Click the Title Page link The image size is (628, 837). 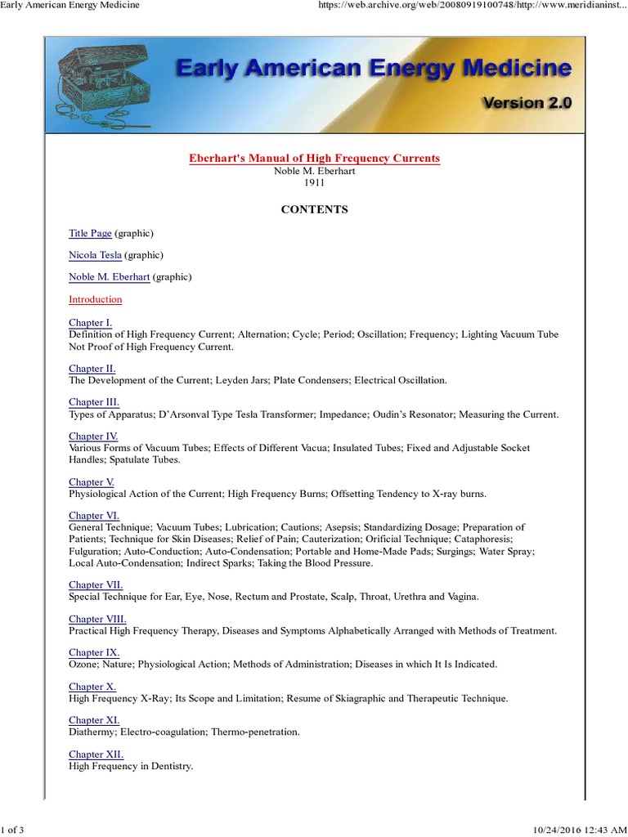point(90,233)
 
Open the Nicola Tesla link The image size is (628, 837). point(95,255)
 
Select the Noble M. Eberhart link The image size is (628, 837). point(109,277)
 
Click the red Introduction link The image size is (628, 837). point(95,299)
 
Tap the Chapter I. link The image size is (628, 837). point(90,323)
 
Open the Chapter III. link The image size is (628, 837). point(94,402)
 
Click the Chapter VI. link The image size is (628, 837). point(94,516)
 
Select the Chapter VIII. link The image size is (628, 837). point(97,619)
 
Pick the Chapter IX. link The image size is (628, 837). point(94,652)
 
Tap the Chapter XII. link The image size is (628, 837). point(96,754)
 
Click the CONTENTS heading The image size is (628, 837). point(314,209)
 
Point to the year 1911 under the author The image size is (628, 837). point(314,182)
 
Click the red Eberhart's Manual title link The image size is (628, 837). point(314,158)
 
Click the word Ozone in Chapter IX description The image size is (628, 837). point(83,665)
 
